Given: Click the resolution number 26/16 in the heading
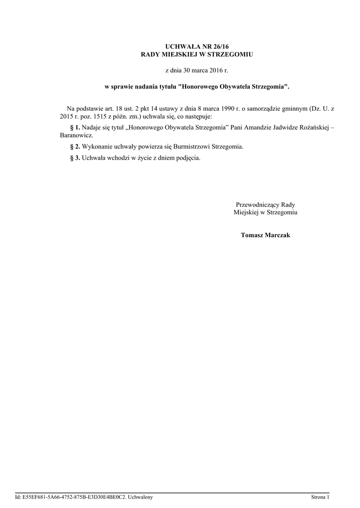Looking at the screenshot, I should coord(210,46).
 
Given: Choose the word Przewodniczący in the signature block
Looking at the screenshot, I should coord(258,204).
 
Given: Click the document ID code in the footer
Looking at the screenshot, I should coord(71,497).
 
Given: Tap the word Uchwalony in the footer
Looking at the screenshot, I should coord(140,497).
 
